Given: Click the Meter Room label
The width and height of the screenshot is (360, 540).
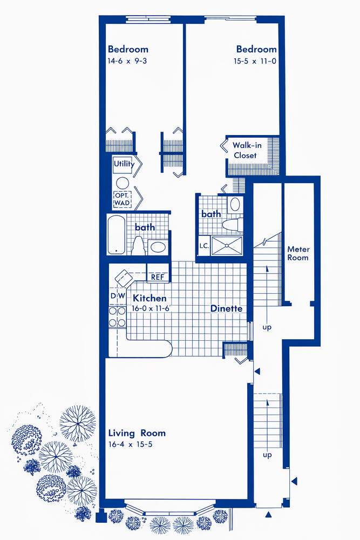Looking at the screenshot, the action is [x=298, y=253].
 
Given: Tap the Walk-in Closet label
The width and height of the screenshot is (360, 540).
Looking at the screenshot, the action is [x=247, y=150].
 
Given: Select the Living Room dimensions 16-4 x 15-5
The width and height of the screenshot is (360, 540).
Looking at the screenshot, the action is [x=130, y=444].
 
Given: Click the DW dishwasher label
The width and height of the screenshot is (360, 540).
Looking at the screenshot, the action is [x=118, y=296].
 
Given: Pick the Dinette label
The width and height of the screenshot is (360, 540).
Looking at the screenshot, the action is [x=226, y=308].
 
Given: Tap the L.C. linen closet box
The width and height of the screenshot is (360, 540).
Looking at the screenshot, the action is [x=204, y=246].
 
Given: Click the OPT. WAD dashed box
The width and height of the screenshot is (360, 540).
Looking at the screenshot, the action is [x=122, y=200].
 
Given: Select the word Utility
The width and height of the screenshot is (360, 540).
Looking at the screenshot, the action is [x=124, y=164].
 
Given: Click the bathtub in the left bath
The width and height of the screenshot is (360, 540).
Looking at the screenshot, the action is [x=116, y=234].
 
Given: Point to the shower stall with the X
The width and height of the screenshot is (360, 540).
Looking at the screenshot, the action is [x=227, y=246].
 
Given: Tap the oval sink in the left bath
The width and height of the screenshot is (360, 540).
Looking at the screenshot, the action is [x=158, y=247].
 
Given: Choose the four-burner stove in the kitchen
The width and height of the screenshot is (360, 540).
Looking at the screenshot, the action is [x=117, y=316].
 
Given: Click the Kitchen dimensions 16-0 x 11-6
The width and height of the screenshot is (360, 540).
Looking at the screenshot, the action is [x=151, y=308].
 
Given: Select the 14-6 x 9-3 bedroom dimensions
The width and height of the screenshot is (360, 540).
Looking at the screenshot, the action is [x=127, y=61].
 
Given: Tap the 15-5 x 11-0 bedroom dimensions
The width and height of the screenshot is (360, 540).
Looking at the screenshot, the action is [x=255, y=62].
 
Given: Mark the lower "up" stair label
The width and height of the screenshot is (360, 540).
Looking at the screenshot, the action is [x=267, y=455].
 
